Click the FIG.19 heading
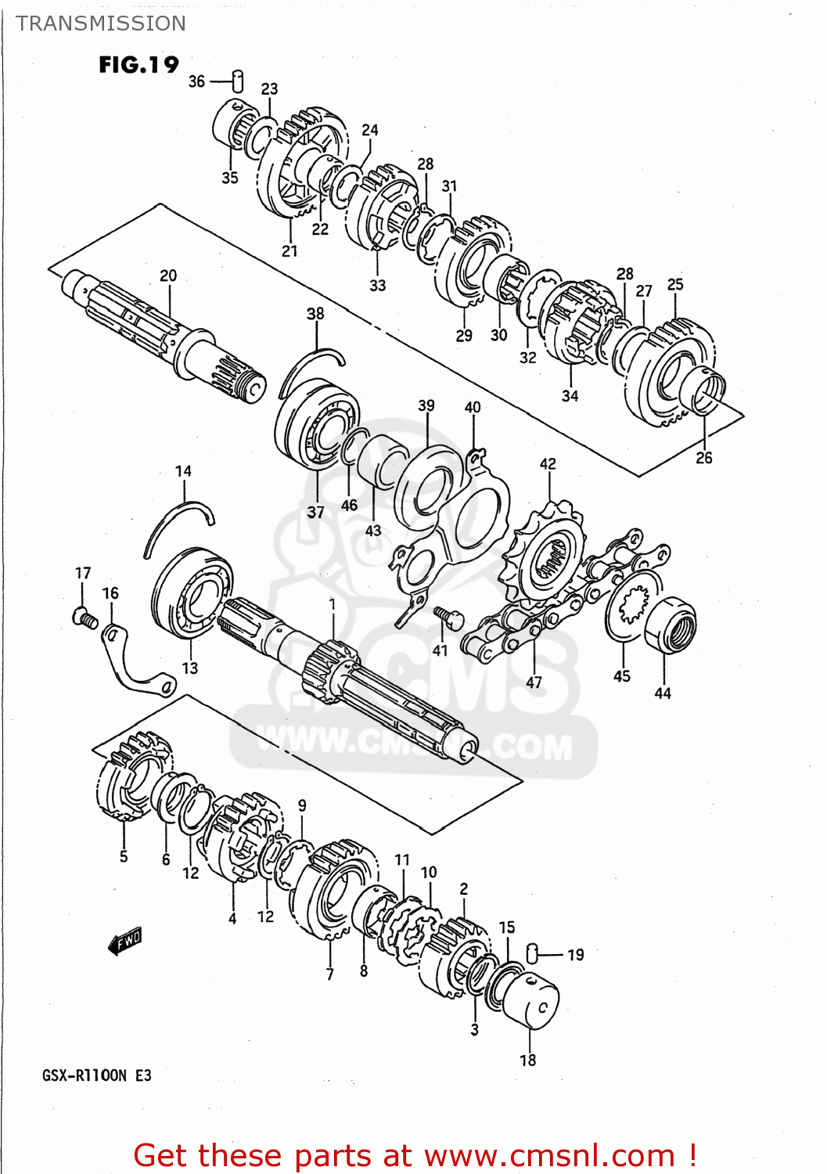[138, 64]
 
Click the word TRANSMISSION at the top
[101, 23]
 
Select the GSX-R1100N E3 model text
[96, 1075]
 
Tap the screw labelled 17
[84, 618]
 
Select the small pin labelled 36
[238, 81]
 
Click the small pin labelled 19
[532, 953]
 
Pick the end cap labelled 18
[531, 1003]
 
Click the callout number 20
[168, 275]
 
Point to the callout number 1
[333, 604]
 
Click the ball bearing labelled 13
[192, 592]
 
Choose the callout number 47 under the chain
[534, 682]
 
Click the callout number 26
[704, 458]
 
